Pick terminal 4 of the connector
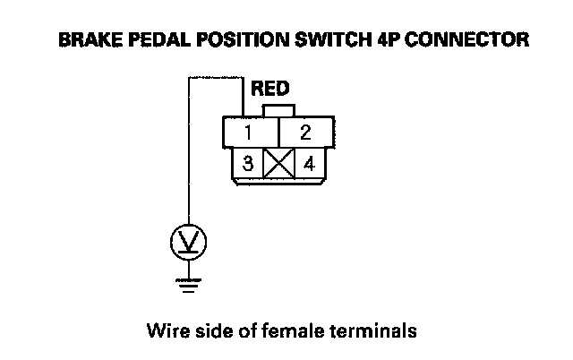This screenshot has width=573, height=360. coord(309,165)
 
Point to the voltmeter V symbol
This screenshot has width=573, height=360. coord(188,241)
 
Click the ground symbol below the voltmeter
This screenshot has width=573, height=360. coord(188,285)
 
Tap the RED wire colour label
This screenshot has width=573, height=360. coord(269,90)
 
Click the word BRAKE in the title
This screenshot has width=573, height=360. coord(84,40)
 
